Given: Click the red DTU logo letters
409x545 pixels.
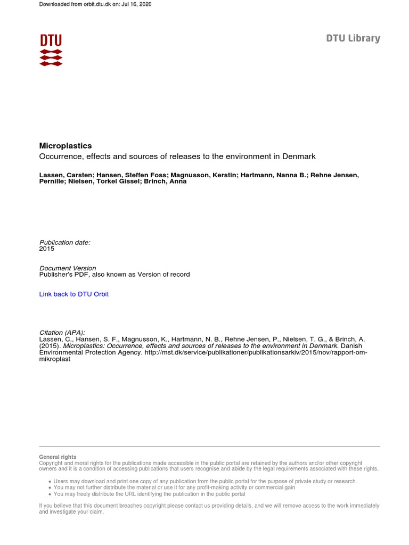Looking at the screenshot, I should pos(51,40).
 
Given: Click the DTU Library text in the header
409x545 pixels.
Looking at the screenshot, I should pos(353,38).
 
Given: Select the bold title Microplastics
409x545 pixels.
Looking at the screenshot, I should pos(66,146).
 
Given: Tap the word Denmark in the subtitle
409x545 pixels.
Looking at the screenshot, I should pos(299,156).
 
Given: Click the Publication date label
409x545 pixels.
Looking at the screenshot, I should pos(65,243).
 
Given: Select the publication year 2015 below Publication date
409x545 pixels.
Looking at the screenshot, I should pos(47,249).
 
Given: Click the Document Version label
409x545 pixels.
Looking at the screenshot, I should pos(68,268).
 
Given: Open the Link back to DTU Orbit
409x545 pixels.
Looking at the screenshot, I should pos(74,294).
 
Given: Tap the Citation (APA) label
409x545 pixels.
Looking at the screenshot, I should pos(62,333).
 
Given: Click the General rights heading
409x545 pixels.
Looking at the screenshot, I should pos(58,457).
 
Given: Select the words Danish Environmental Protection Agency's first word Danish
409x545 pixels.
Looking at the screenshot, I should pos(352,346).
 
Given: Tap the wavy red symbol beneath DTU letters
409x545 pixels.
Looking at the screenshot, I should pos(51,57).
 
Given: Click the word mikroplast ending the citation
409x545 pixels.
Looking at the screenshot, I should pos(55,359).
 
